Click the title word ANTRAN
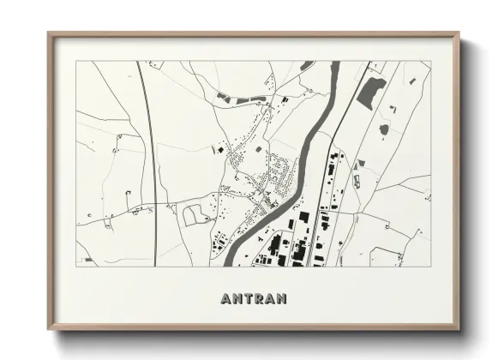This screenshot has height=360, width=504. pyautogui.click(x=254, y=299)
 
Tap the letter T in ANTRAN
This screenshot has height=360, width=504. pyautogui.click(x=245, y=299)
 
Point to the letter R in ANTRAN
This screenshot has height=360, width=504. pyautogui.click(x=258, y=299)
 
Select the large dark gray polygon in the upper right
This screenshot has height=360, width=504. pyautogui.click(x=370, y=92)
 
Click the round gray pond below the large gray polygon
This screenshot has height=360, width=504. pyautogui.click(x=383, y=129)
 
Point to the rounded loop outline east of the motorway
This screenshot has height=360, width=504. pyautogui.click(x=195, y=214)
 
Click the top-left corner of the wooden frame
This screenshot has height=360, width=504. pyautogui.click(x=50, y=34)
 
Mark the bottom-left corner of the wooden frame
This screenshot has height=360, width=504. pyautogui.click(x=50, y=329)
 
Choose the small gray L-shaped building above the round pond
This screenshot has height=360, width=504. pyautogui.click(x=390, y=109)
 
